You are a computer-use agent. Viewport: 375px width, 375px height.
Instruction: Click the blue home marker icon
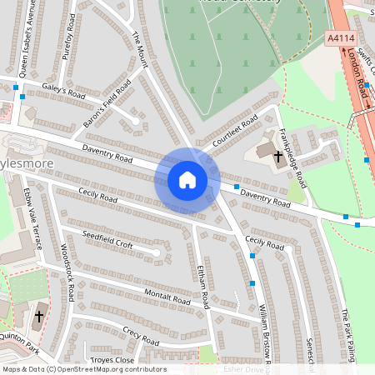click(x=187, y=180)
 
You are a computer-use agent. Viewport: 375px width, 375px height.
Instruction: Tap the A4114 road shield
click(x=342, y=37)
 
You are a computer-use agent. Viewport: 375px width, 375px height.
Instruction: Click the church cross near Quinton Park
click(x=38, y=317)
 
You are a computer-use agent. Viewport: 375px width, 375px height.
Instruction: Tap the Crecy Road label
click(x=140, y=336)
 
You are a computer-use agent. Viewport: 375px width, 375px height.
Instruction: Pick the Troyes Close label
click(x=112, y=359)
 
